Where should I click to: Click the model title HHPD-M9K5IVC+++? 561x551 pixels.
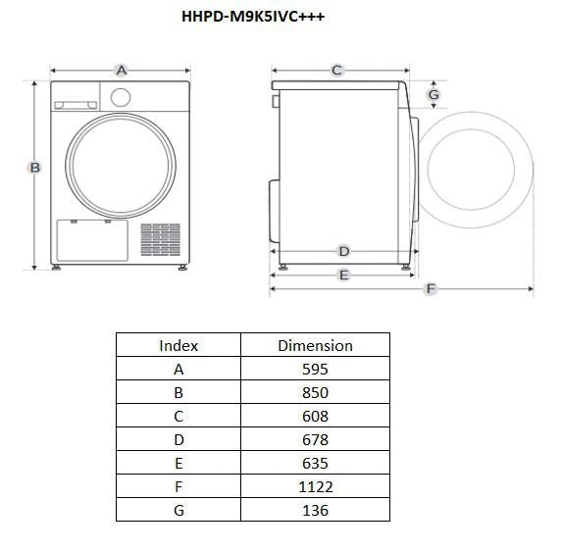pos(253,17)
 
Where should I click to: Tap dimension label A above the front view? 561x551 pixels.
pos(122,70)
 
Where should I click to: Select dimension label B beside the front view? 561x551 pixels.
pos(34,168)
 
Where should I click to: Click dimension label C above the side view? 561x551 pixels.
pos(336,70)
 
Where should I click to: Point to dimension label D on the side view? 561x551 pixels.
pos(344,251)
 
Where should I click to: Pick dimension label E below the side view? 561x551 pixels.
pos(343,275)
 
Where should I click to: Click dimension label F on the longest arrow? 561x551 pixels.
pos(431,288)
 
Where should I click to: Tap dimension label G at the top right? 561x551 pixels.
pos(433,95)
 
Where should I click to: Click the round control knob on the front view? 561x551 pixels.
pos(121,97)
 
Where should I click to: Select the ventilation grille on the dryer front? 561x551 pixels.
pos(161,239)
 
